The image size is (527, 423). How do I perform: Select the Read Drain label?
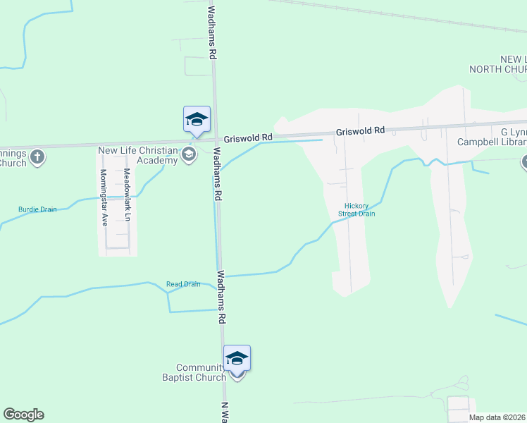[x=183, y=284]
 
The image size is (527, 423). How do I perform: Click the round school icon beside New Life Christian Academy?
[x=189, y=154]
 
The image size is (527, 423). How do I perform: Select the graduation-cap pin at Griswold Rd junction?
[x=197, y=119]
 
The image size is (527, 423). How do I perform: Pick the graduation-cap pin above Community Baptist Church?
[x=237, y=358]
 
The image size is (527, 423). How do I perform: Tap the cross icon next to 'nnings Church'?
[x=38, y=157]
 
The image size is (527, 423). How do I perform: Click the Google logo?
[x=23, y=415]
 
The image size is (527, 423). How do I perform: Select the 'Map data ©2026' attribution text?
[x=497, y=417]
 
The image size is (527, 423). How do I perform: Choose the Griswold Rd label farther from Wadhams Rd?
[x=360, y=130]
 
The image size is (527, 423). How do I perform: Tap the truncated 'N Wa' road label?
[x=225, y=411]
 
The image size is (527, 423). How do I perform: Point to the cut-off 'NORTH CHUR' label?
[x=499, y=69]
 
